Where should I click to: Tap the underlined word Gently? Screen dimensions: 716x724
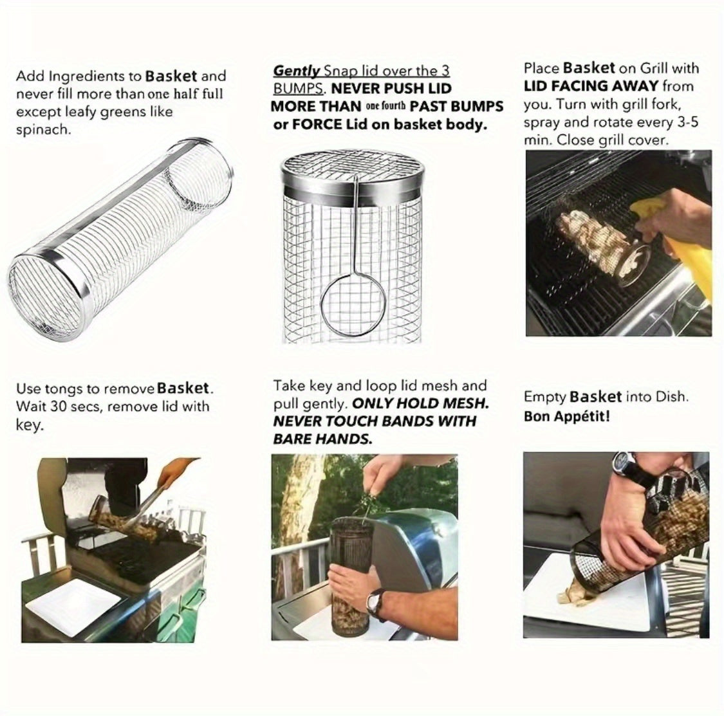tap(297, 71)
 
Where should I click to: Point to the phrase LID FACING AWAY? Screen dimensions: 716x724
tap(591, 86)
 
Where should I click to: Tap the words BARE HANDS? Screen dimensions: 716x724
tap(322, 439)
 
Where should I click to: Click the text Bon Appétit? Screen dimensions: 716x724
tap(567, 416)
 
